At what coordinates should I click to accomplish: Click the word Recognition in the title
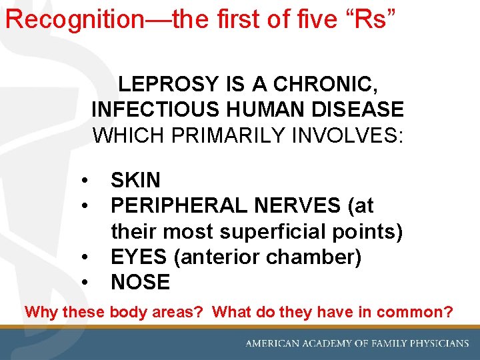(x=73, y=19)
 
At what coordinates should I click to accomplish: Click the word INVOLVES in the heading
(x=350, y=135)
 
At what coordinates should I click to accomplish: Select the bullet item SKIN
(x=135, y=180)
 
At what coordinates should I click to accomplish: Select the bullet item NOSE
(x=140, y=282)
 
